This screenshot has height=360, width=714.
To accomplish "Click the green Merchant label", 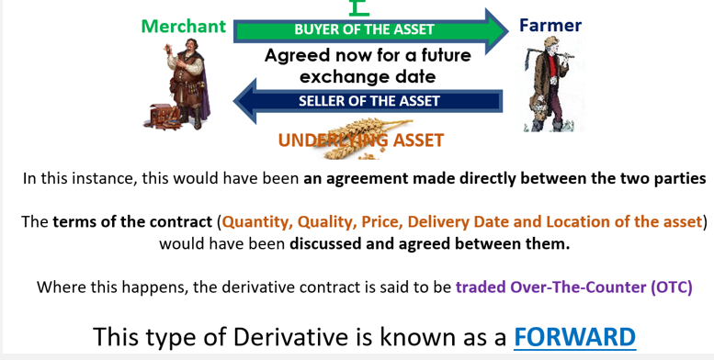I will (x=183, y=27).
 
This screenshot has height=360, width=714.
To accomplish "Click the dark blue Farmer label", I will (x=550, y=26).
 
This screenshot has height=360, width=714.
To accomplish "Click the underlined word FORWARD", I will (x=574, y=336).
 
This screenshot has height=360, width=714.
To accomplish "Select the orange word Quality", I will (x=327, y=221).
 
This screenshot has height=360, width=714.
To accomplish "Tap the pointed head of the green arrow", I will (x=494, y=28).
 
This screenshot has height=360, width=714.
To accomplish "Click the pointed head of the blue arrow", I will (x=245, y=100).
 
